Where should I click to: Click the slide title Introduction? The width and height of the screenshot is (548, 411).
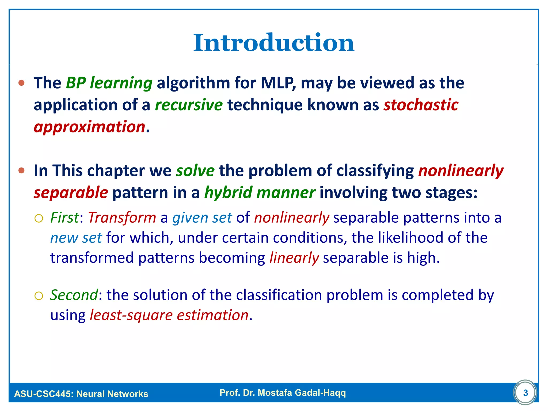click(274, 43)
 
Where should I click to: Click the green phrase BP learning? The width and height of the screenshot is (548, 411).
click(109, 83)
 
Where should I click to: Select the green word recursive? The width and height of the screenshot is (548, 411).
click(189, 105)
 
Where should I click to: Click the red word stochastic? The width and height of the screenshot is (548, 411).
click(421, 105)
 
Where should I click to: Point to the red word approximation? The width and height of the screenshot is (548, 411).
click(89, 127)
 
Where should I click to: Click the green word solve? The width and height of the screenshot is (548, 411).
click(195, 171)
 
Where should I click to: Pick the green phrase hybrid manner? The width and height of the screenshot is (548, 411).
click(260, 193)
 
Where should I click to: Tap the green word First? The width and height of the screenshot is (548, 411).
click(64, 218)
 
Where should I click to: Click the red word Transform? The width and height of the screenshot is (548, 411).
click(122, 218)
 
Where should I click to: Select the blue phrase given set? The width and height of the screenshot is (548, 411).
click(202, 218)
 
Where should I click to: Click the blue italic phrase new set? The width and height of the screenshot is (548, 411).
click(76, 238)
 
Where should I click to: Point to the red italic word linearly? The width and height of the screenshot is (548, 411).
click(294, 258)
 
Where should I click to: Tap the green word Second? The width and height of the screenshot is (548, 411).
click(74, 295)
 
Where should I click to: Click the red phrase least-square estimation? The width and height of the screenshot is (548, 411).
click(169, 315)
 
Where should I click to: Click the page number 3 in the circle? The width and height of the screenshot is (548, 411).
click(525, 393)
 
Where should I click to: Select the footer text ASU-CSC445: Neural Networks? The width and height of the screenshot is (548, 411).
click(81, 394)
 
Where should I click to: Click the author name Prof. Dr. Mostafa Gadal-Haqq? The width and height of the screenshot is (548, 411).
click(283, 393)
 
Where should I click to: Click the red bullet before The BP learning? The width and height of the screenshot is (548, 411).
click(22, 83)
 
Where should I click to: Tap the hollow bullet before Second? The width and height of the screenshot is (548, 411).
click(39, 296)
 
